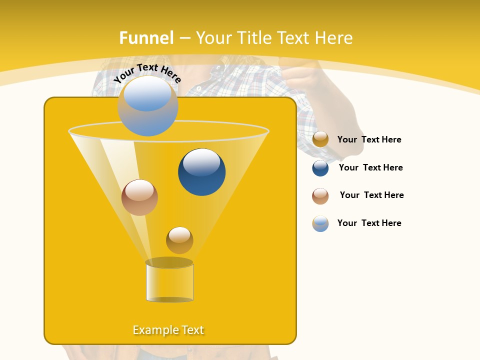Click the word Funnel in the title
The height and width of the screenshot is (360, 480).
pos(146,38)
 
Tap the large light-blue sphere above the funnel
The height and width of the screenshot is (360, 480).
pos(148,105)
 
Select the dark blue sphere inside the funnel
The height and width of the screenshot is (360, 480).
pos(201,171)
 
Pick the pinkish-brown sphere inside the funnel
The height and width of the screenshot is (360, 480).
pos(139,197)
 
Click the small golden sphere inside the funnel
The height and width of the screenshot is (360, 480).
pos(179,240)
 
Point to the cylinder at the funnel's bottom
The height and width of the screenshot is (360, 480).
pos(169,281)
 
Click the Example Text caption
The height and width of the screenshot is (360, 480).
pos(168,330)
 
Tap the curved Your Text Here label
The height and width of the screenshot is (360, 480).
pos(147,72)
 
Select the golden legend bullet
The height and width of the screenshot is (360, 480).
pos(320,139)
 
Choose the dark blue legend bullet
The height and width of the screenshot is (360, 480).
pos(320,168)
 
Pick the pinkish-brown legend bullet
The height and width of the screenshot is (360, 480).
pos(320,196)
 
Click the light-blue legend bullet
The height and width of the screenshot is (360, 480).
pos(320,223)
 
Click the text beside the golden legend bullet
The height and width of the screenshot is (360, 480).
pos(369,140)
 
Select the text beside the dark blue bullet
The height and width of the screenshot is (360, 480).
pos(370,168)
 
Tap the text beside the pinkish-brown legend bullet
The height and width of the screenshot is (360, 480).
pos(371,195)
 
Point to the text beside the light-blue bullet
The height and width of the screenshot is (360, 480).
pos(369,223)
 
